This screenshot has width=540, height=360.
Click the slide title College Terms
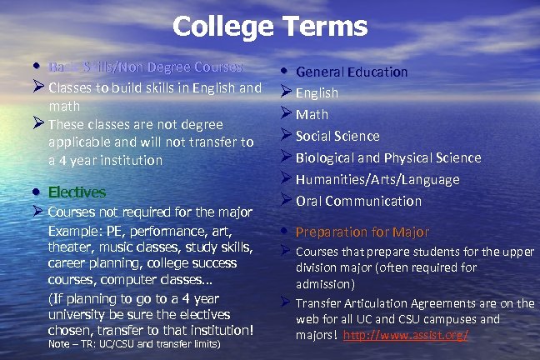pos(269,27)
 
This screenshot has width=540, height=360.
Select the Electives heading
pos(77,192)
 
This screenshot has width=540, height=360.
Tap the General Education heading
pos(352,72)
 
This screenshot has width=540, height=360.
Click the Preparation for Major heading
pos(362,232)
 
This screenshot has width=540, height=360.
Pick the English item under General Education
pos(317,92)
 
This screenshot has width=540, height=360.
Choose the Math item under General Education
pos(312,114)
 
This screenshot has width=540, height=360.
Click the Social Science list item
pos(337,136)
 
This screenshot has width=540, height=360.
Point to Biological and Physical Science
pos(388,157)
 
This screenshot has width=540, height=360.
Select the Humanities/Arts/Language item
pos(377,179)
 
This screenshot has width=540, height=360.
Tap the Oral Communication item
pos(359,201)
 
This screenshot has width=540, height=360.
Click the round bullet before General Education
pos(285,71)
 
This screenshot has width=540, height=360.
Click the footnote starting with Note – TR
pos(134,343)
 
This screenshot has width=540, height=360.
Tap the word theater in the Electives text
pos(68,246)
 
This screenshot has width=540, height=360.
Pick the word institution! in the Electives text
pos(219,329)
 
